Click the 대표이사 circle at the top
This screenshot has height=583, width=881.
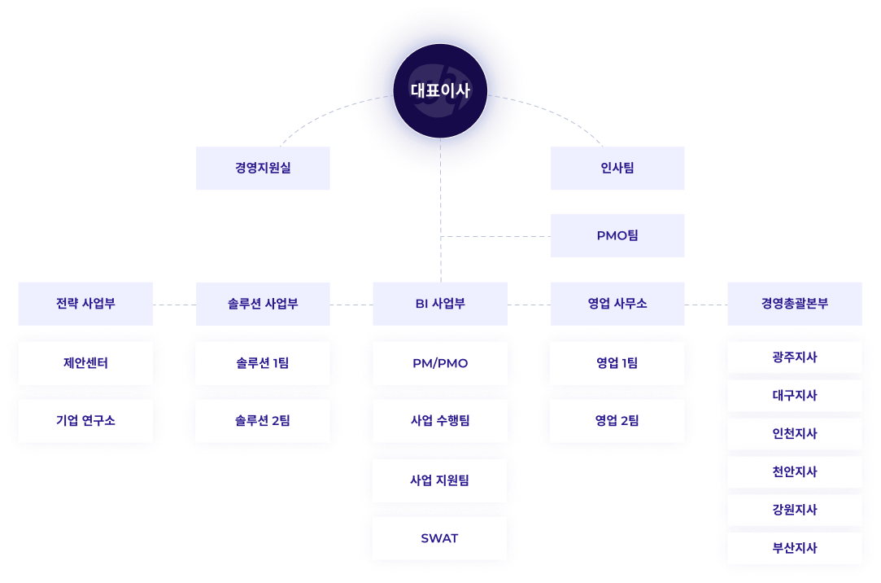pyautogui.click(x=440, y=90)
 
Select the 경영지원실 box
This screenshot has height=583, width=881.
pyautogui.click(x=263, y=169)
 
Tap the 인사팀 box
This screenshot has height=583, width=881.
pyautogui.click(x=617, y=169)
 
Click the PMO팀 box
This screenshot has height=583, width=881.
pyautogui.click(x=617, y=235)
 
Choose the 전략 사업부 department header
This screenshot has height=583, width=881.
pyautogui.click(x=85, y=304)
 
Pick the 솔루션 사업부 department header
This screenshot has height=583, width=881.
pyautogui.click(x=263, y=304)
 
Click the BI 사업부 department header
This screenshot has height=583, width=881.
pyautogui.click(x=440, y=304)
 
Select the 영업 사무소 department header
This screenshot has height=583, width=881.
pyautogui.click(x=617, y=304)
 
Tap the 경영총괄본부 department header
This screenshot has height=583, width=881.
pyautogui.click(x=794, y=304)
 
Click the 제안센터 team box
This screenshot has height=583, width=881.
pyautogui.click(x=85, y=363)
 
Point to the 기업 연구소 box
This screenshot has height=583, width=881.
pyautogui.click(x=85, y=421)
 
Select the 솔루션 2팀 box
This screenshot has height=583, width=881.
pyautogui.click(x=263, y=421)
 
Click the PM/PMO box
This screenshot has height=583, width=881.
pyautogui.click(x=440, y=363)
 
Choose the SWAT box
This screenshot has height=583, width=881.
pyautogui.click(x=440, y=538)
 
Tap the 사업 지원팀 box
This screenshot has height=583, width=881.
pyautogui.click(x=440, y=480)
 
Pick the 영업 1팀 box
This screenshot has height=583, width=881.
pyautogui.click(x=617, y=363)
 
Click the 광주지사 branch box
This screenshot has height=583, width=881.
pyautogui.click(x=794, y=357)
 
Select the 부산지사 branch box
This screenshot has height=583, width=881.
pyautogui.click(x=794, y=548)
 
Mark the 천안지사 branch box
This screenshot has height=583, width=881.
pyautogui.click(x=794, y=472)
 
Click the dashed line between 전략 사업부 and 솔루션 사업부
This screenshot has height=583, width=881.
pyautogui.click(x=175, y=305)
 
